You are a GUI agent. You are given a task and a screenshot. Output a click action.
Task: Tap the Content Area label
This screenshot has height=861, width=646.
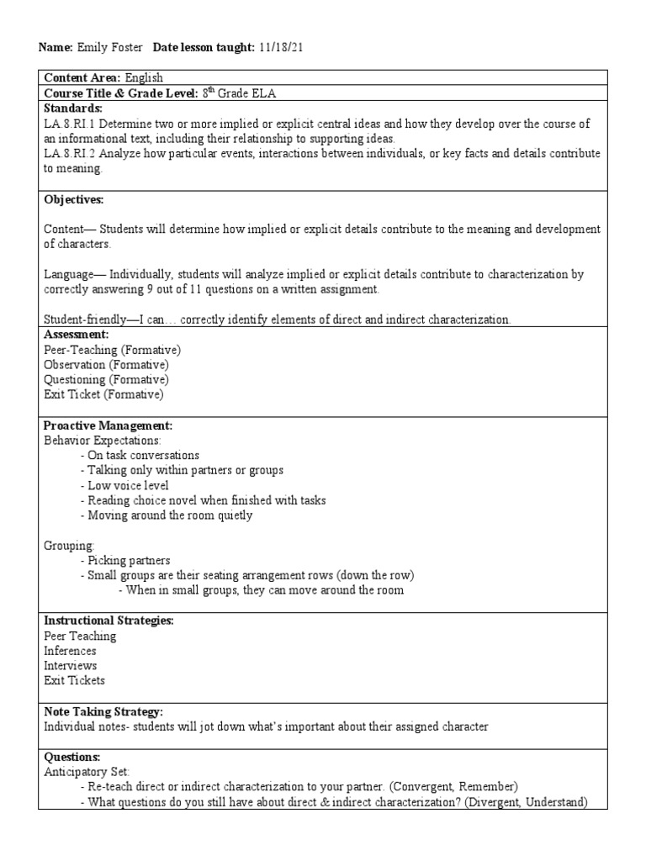(82, 77)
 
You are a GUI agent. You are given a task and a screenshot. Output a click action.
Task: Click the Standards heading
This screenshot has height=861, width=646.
(73, 108)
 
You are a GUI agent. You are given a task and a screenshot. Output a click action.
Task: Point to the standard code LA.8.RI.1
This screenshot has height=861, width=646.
(71, 124)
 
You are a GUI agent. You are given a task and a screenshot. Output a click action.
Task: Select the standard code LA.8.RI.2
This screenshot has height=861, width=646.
(71, 154)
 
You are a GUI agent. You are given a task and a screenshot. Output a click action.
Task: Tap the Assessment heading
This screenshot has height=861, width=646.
(77, 335)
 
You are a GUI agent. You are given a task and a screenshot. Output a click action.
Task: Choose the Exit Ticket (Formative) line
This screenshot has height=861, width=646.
(103, 394)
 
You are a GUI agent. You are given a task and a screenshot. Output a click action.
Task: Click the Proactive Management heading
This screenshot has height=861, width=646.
(108, 425)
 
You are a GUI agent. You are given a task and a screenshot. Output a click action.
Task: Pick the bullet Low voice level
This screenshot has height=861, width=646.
(128, 486)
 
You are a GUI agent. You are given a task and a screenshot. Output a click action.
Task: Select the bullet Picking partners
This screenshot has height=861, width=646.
(129, 561)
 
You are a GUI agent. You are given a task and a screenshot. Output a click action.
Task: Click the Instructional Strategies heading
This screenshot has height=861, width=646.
(109, 621)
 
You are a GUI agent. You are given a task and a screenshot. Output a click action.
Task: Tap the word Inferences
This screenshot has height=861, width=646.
(70, 651)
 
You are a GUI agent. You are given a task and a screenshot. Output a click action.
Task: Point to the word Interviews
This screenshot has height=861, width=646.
(71, 666)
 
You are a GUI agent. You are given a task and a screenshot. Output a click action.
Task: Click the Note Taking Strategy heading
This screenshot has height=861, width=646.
(103, 711)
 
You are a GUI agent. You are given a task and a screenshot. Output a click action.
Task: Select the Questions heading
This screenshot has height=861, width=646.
(71, 756)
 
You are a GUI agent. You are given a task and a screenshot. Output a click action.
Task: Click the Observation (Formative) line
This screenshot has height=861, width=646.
(106, 365)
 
